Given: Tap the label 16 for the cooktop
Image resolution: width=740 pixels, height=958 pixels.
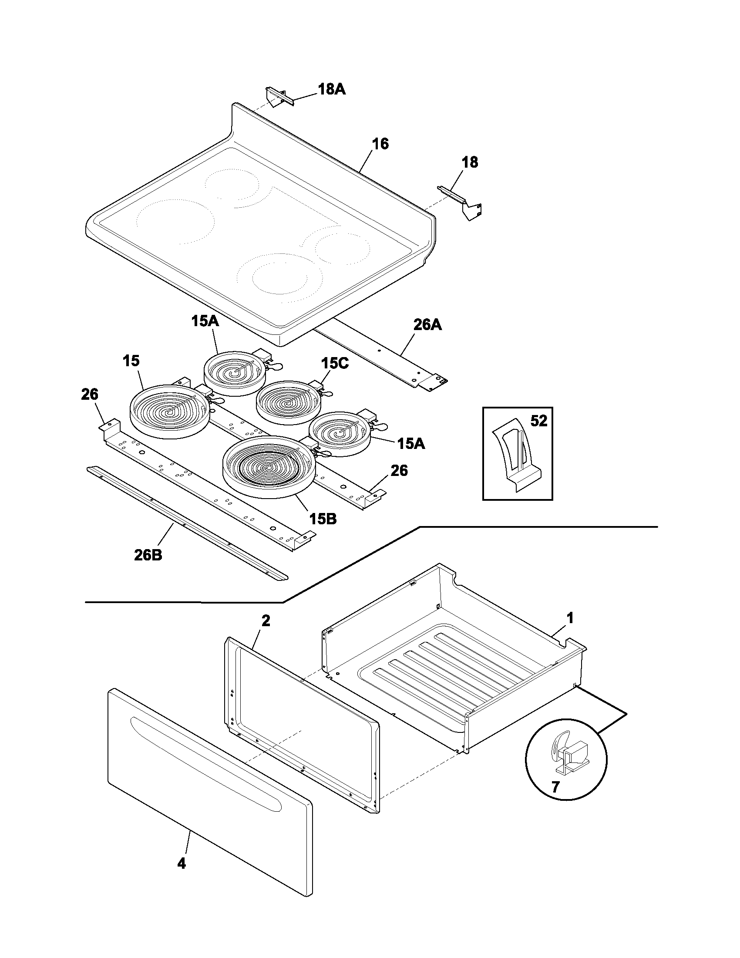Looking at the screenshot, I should tap(380, 144).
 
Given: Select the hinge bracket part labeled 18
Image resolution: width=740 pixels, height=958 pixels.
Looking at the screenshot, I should tap(462, 202).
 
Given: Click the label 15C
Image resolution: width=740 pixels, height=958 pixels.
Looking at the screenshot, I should tap(335, 363).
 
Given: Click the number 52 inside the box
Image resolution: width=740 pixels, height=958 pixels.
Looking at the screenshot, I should tap(539, 421).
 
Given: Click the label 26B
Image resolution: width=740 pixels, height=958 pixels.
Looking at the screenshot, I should tap(148, 555).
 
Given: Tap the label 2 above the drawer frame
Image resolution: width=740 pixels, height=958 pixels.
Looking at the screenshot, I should tap(266, 621).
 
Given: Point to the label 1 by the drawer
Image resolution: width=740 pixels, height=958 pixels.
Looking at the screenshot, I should tap(570, 618).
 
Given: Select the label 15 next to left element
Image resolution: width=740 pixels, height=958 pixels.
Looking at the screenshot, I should tap(131, 361).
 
